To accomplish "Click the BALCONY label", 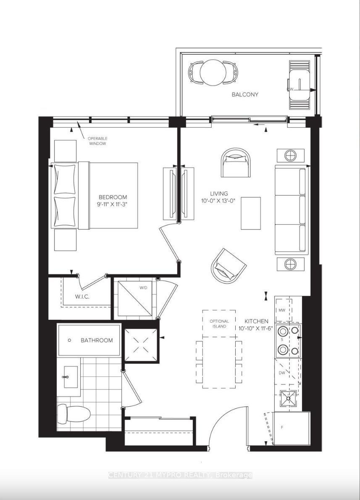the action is coord(245,95).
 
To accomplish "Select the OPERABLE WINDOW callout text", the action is coord(97,141).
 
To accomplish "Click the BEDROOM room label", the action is coord(113,197).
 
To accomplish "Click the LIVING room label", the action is coord(219,194).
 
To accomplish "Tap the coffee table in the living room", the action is coord(251,213).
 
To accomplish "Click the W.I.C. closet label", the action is coord(82,297).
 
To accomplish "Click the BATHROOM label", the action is coord(97,340).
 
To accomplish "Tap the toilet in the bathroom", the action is coord(74,414).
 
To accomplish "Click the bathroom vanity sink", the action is coord(71,377).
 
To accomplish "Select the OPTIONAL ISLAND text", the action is coord(219,324).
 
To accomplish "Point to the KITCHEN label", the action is coord(256,321).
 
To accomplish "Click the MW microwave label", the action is coord(281,310).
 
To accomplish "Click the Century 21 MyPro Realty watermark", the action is coord(180,475).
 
